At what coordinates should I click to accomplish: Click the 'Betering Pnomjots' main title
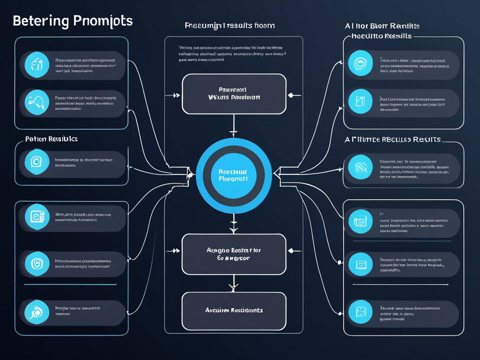point(73,21)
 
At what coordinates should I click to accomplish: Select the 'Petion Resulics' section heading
point(51,139)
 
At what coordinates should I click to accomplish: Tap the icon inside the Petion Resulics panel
point(37,162)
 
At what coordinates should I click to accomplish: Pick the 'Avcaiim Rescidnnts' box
point(234,310)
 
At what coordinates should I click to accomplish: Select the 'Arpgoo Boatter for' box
point(234,254)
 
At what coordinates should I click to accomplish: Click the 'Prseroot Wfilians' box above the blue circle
point(234,93)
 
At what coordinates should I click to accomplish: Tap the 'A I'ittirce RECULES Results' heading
point(393,139)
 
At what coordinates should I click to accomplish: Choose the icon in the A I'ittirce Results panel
point(360,166)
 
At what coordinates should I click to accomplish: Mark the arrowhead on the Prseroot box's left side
point(176,95)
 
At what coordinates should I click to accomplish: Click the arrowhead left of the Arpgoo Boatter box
point(176,251)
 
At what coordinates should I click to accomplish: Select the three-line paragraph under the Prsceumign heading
point(232,53)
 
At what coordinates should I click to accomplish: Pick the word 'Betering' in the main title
point(41,21)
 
